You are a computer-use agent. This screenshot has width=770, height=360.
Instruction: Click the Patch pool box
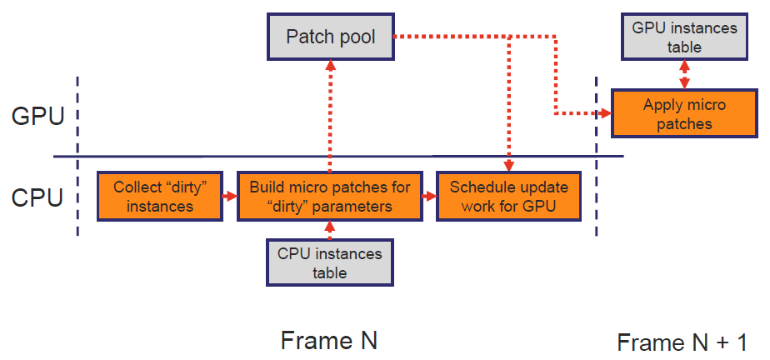point(331,37)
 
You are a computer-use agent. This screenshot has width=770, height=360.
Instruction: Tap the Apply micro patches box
point(684,114)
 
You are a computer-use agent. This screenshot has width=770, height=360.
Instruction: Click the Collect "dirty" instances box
point(160,197)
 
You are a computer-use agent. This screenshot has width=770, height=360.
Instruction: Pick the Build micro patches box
point(329,197)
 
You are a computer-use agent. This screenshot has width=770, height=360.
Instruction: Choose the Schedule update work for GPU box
point(508,197)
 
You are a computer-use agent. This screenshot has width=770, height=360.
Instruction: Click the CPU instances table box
point(329,262)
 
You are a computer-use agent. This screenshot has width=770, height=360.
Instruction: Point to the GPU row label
point(37,117)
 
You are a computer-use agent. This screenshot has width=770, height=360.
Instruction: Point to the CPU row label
point(37,197)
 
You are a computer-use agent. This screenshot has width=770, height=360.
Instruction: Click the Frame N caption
point(329,340)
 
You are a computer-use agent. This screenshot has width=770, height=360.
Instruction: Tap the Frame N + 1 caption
point(682,342)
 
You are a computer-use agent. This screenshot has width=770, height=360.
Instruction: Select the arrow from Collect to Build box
point(230,197)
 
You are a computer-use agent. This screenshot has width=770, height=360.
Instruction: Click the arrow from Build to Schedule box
point(430,197)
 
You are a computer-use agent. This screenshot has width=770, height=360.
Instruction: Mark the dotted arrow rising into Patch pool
point(331,117)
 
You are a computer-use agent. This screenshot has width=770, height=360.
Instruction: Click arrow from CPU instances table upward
point(330,230)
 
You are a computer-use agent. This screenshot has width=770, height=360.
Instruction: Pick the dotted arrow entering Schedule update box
point(508,104)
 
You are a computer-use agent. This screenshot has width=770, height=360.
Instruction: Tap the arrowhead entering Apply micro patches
point(607,113)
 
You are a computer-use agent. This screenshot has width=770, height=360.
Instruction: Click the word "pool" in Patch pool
point(356,37)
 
